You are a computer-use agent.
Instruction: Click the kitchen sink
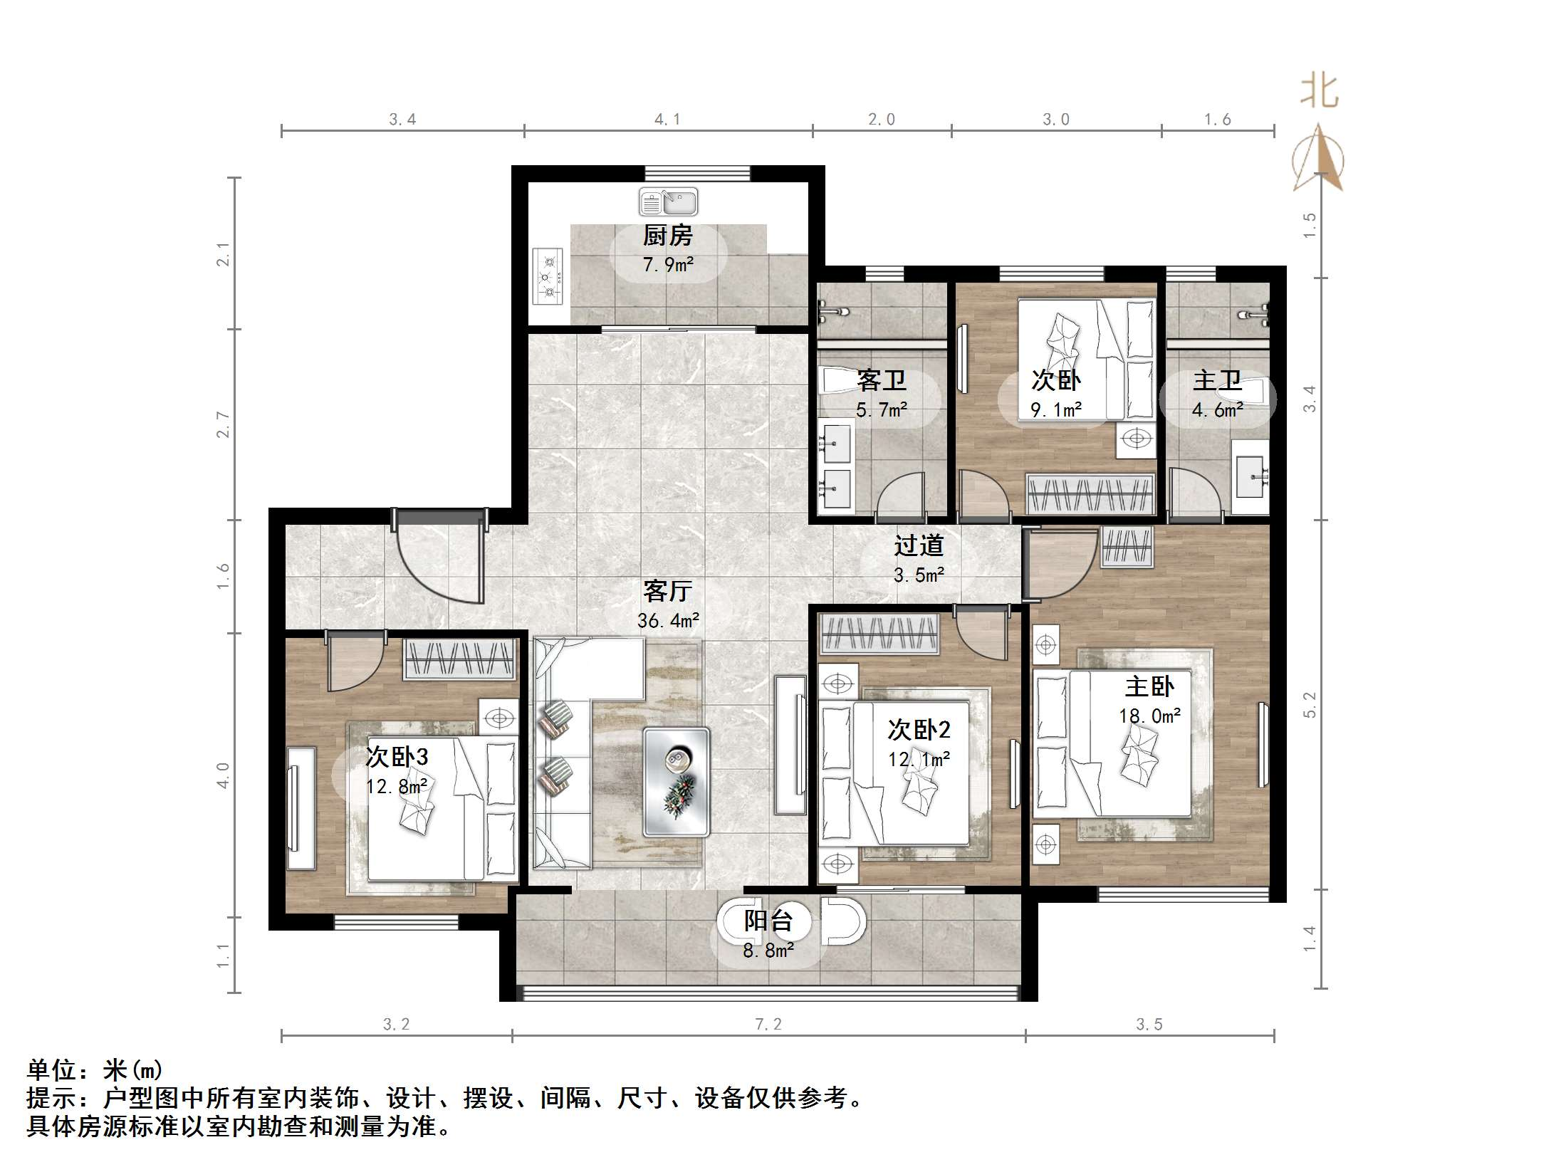(668, 202)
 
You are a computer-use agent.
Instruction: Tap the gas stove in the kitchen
(548, 276)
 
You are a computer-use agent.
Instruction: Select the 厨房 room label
(667, 236)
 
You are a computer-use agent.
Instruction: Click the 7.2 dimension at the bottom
(768, 1024)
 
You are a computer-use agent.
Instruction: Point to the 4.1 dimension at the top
(667, 120)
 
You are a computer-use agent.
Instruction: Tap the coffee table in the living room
(676, 781)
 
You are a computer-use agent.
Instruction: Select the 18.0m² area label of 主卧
(1149, 716)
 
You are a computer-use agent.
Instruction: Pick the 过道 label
(919, 546)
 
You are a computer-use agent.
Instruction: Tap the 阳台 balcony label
(768, 921)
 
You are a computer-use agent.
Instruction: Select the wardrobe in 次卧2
(879, 633)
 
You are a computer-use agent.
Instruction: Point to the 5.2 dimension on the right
(1309, 705)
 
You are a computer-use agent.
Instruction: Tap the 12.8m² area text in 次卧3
(397, 786)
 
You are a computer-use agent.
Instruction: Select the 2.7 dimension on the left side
(224, 424)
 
